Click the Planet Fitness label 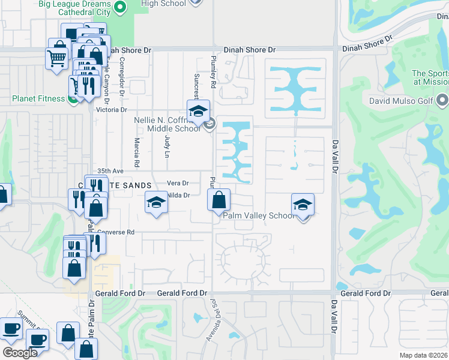pos(37,98)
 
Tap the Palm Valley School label pos(258,215)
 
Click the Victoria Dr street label pos(112,110)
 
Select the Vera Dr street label pos(178,183)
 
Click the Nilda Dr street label pos(178,195)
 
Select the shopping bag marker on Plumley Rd pos(219,199)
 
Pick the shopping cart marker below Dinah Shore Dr pos(57,59)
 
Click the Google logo pos(20,353)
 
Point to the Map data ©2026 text pos(423,355)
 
